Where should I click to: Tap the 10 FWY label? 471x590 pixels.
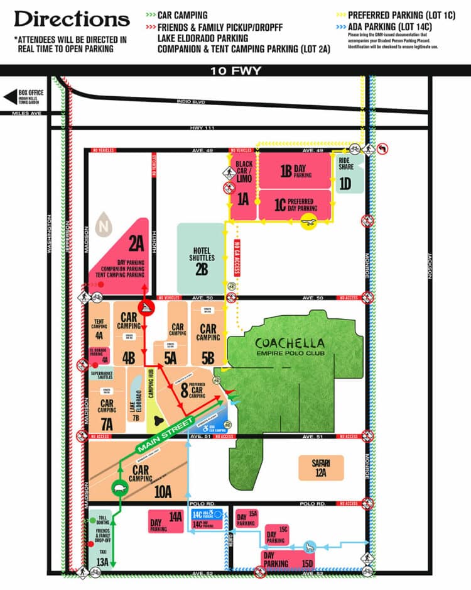(x=235, y=70)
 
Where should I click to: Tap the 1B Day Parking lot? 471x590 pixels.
(x=295, y=170)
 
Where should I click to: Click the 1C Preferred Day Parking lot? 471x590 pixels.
(x=295, y=204)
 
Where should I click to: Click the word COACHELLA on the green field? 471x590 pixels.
(x=290, y=343)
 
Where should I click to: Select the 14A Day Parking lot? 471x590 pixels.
(x=166, y=521)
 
